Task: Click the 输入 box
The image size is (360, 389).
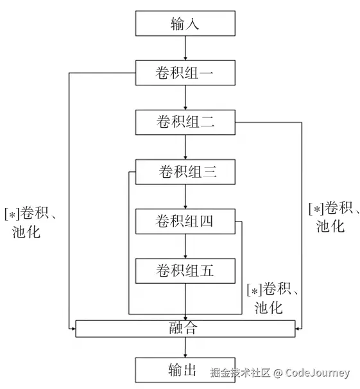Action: [x=185, y=24]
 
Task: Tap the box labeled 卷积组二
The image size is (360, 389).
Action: [x=185, y=123]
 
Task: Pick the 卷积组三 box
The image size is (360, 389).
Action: [x=185, y=172]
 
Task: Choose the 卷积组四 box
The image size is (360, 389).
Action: [x=185, y=221]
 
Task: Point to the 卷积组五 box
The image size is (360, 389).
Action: [x=185, y=270]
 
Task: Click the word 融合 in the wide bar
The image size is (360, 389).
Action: [x=185, y=328]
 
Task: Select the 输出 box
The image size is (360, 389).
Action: [x=185, y=370]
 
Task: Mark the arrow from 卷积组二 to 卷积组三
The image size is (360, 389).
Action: [x=185, y=148]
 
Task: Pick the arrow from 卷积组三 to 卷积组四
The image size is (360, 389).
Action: [x=185, y=197]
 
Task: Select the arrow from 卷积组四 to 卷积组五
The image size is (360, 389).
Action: [x=185, y=246]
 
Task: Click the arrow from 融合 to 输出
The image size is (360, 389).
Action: [x=185, y=347]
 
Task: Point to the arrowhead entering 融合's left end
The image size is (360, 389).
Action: [x=73, y=329]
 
